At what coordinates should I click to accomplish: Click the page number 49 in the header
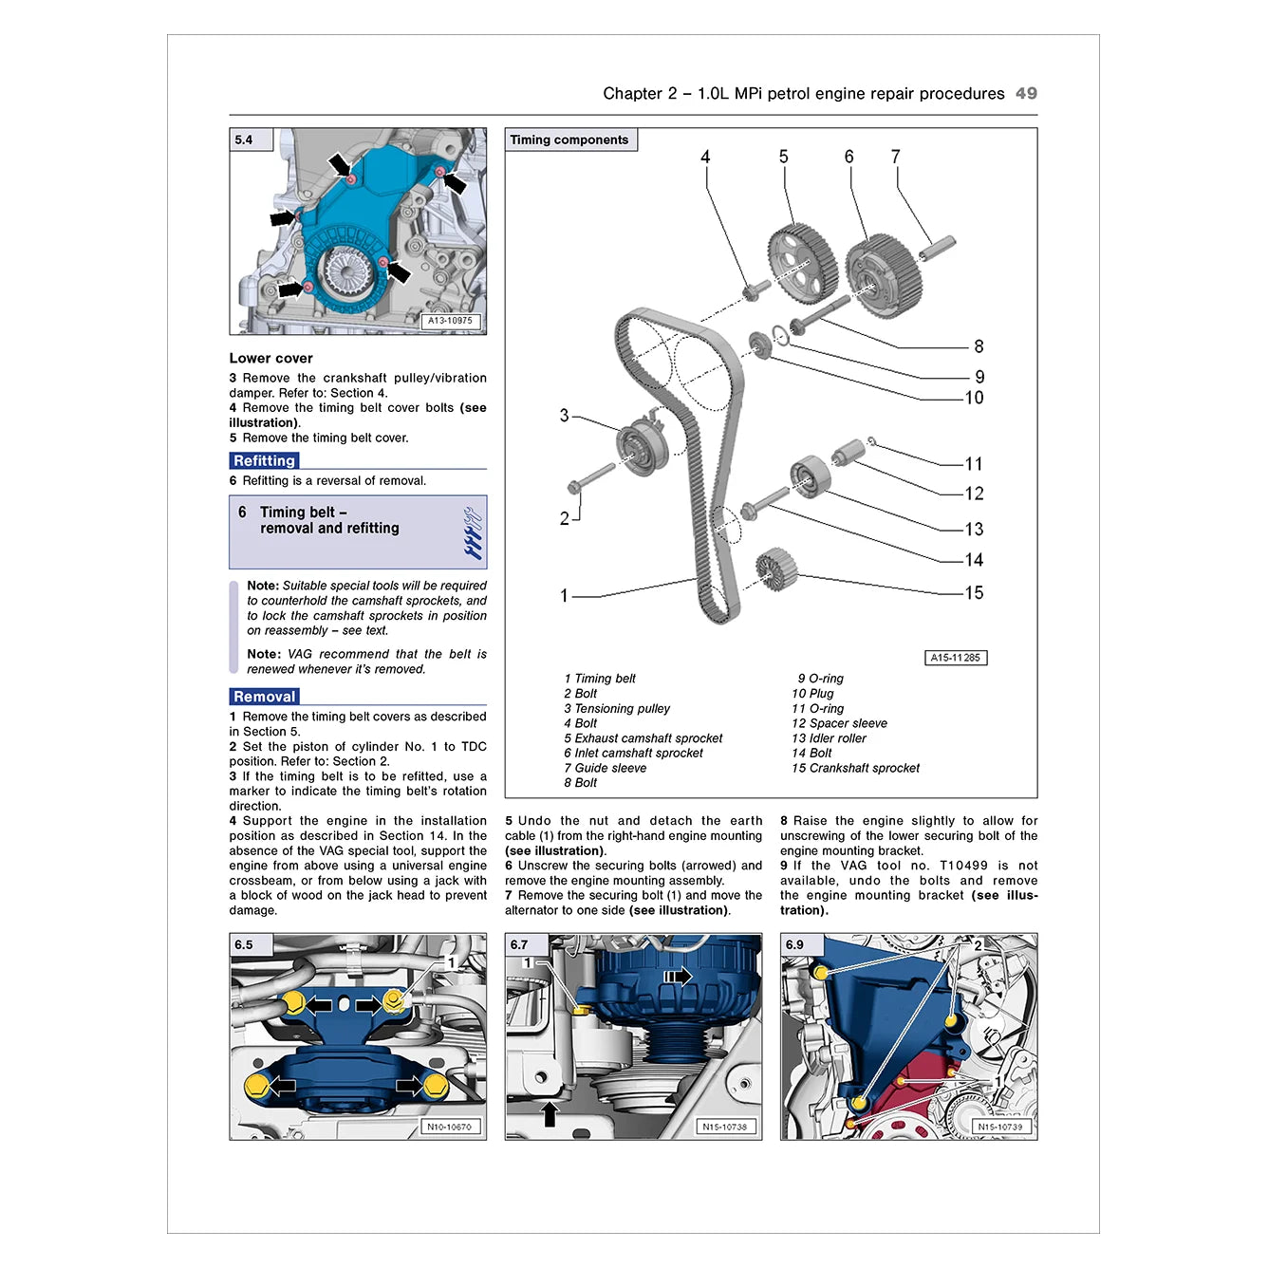(x=1026, y=93)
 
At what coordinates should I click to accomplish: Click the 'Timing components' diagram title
(x=569, y=140)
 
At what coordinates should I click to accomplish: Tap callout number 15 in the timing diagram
(x=974, y=593)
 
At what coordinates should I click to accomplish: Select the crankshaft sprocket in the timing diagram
(x=776, y=568)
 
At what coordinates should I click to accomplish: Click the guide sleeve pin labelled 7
(x=937, y=248)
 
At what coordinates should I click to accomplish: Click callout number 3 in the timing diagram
(x=564, y=416)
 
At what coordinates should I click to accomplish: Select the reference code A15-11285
(x=955, y=658)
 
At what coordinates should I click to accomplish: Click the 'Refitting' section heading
(x=264, y=461)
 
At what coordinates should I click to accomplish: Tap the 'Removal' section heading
(x=264, y=697)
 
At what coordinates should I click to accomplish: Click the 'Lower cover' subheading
(x=270, y=358)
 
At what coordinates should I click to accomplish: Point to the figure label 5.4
(x=245, y=140)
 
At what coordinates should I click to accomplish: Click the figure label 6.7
(x=519, y=944)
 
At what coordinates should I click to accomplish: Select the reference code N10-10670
(x=449, y=1127)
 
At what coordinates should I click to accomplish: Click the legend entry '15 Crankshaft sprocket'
(x=855, y=768)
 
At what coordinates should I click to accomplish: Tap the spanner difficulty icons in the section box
(x=472, y=532)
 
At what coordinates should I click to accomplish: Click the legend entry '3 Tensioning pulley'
(x=616, y=708)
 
